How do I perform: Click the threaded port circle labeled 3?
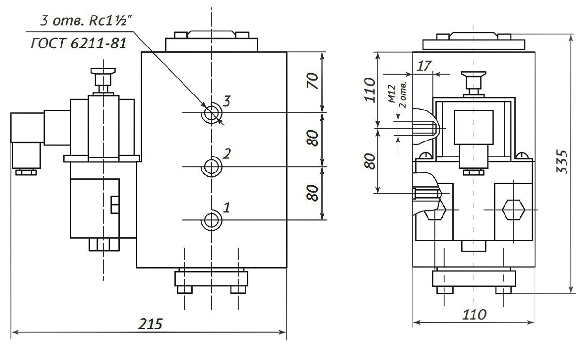[x=212, y=113]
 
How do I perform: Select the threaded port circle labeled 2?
[x=212, y=167]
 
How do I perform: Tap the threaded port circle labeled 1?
[x=212, y=220]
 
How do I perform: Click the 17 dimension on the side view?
[x=423, y=66]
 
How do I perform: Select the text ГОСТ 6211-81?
[x=79, y=44]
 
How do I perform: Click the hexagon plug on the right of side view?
[x=513, y=210]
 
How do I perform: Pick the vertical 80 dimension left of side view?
[x=370, y=160]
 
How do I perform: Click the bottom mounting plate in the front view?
[x=211, y=279]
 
